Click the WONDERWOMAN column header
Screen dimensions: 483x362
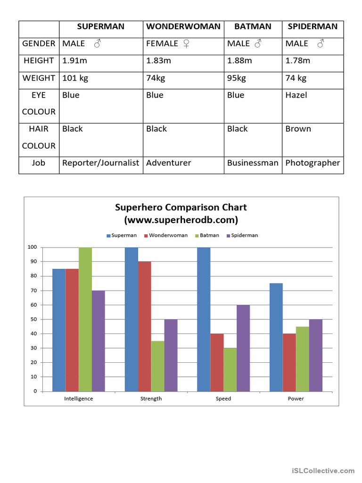(183, 26)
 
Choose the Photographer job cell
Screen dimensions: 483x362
(313, 163)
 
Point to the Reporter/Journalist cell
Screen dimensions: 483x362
(101, 163)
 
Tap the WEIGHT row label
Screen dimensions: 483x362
(39, 78)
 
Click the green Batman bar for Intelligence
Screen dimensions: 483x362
(85, 319)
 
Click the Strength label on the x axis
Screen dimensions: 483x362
(151, 399)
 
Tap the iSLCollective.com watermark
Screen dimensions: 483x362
(323, 470)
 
